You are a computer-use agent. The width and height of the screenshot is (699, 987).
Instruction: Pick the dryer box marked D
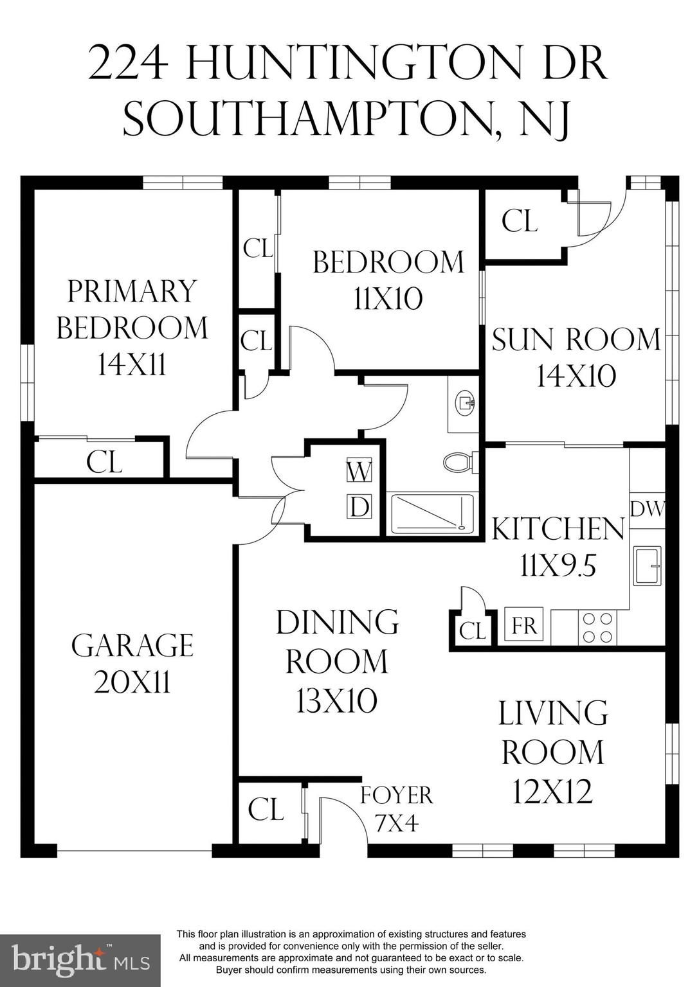[359, 507]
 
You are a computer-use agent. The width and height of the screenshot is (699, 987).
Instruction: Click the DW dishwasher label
[647, 510]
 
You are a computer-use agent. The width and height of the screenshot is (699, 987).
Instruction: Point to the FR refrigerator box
[524, 626]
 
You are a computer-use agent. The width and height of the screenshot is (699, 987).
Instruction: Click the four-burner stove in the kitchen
[597, 627]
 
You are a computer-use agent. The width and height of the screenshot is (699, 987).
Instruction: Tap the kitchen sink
[648, 565]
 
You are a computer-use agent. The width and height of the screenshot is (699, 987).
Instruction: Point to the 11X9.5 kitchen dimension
[558, 567]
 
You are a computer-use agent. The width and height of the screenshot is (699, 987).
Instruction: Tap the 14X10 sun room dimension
[576, 377]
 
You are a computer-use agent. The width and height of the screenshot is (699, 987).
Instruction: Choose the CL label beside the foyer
[266, 810]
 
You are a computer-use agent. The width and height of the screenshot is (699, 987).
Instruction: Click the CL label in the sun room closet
[520, 221]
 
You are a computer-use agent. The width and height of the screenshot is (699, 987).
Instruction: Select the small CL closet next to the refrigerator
[472, 630]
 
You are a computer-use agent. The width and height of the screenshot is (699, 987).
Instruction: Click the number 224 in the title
[128, 64]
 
